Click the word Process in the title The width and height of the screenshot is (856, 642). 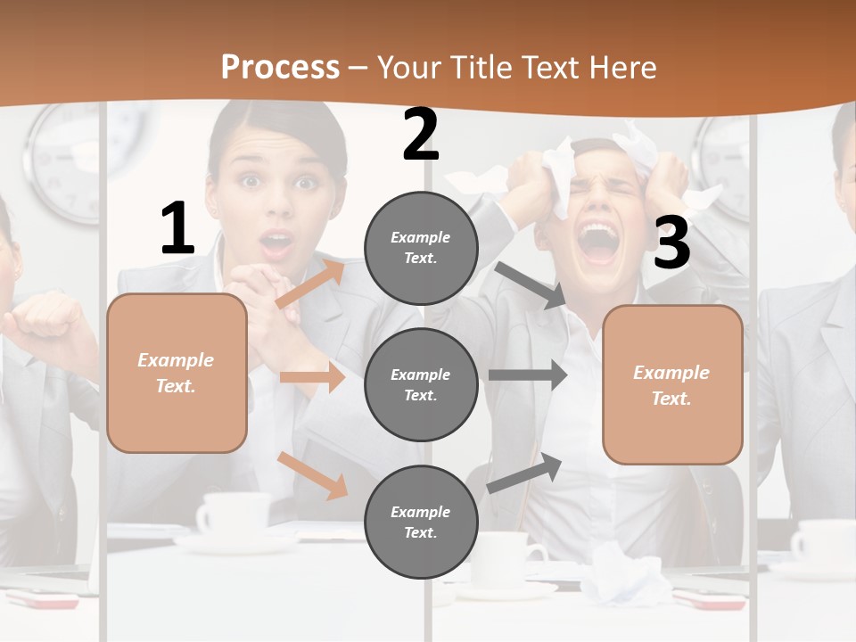pos(280,68)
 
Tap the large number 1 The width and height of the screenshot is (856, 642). pos(177,228)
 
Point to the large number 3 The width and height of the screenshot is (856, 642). pos(671,243)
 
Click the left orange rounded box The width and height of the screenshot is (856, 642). pos(177,373)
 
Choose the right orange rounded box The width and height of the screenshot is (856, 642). pos(672,385)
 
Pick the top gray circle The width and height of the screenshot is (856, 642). pos(421,248)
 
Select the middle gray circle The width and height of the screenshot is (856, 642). pos(421,384)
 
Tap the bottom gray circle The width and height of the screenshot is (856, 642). pos(421,522)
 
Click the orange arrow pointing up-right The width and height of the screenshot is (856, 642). pos(309,284)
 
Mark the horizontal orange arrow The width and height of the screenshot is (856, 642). pos(312,377)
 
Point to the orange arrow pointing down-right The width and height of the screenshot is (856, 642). pos(312,475)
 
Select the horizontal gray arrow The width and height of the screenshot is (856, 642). pos(528,375)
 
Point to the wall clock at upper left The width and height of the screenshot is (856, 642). pos(64,160)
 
